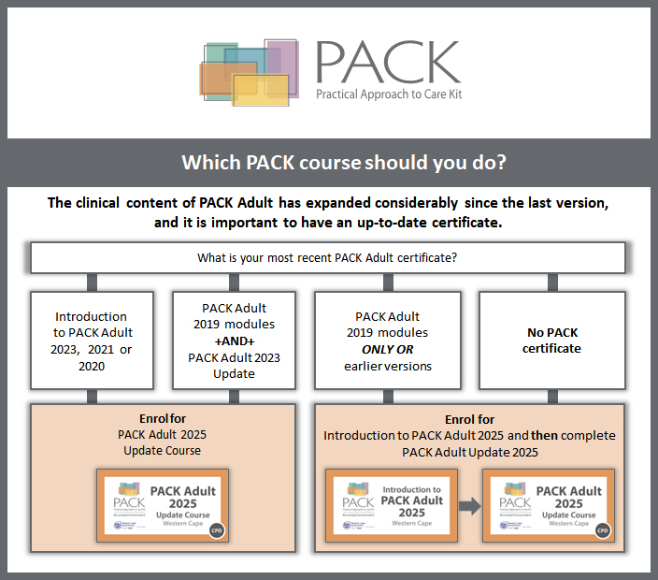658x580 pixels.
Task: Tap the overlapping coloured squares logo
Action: coord(248,72)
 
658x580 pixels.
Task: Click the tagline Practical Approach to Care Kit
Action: coord(389,94)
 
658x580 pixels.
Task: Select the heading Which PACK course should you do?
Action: coord(343,162)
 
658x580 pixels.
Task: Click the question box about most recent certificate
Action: coord(327,257)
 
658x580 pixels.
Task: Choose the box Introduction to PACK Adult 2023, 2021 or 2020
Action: coord(91,341)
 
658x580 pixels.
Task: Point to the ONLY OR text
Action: coord(387,349)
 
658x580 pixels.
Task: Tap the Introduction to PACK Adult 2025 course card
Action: coord(390,506)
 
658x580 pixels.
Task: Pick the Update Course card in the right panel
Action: coord(548,506)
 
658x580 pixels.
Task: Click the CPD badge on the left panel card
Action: coord(217,529)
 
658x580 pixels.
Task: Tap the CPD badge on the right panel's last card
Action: coord(603,529)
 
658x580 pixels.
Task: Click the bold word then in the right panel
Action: coord(516,435)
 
